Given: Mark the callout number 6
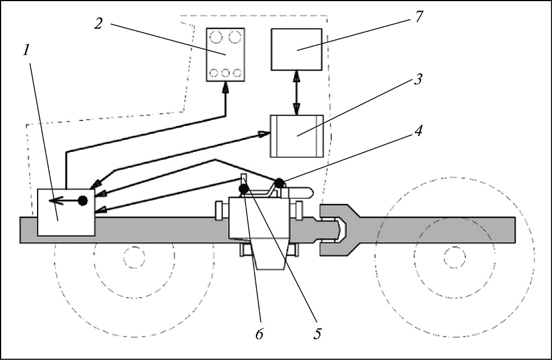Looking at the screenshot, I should [x=260, y=332].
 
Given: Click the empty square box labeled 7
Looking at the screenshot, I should [x=297, y=49].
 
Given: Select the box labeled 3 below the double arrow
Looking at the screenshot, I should [x=297, y=136].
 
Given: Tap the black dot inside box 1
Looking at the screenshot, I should [x=83, y=200].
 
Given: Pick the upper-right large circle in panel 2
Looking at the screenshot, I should [x=235, y=39].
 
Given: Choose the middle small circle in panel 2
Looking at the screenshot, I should [x=225, y=73].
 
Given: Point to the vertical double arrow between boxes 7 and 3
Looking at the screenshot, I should [x=297, y=93].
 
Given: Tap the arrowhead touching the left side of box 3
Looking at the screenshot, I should [x=264, y=133].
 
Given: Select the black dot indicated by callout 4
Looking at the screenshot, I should [x=278, y=183].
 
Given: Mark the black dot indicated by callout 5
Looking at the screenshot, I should [x=245, y=190].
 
